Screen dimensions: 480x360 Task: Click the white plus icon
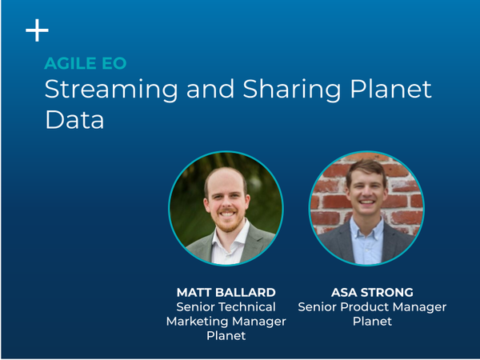tap(37, 30)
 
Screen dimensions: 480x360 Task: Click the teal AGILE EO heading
tap(86, 63)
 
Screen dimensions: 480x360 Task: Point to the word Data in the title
tap(74, 120)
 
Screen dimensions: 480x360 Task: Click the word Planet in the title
tap(390, 89)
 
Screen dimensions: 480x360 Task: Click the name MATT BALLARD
tap(226, 292)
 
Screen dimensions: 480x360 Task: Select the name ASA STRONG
tap(372, 292)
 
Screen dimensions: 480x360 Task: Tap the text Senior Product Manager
tap(372, 307)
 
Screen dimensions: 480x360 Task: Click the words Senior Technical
tap(226, 306)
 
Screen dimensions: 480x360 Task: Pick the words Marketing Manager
tap(226, 322)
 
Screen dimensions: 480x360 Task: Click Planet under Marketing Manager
tap(226, 336)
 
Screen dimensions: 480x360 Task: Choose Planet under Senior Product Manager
tap(372, 322)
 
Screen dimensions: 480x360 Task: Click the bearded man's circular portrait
tap(226, 208)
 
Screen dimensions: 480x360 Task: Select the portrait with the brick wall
tap(366, 208)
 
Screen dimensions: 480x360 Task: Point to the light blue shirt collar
tap(366, 228)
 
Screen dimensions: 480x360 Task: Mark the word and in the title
tap(210, 89)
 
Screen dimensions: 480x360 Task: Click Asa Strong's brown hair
tap(366, 168)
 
